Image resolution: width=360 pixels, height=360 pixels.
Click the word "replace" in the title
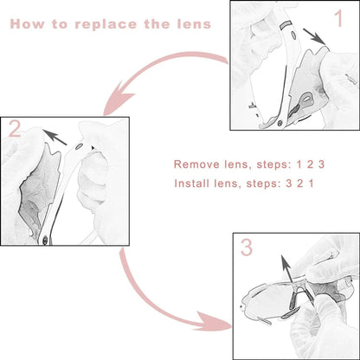tap(106, 24)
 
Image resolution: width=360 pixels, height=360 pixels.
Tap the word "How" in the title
tap(27, 23)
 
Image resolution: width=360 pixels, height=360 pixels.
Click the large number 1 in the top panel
tap(339, 18)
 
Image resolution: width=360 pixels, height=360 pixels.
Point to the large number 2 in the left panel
tap(15, 128)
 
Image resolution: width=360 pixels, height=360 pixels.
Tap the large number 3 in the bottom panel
tap(247, 247)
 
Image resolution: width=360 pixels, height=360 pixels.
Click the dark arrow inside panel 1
tap(315, 36)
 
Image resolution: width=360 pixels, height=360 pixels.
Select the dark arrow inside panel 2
tap(55, 137)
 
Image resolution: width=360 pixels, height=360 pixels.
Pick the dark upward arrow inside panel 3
tap(287, 269)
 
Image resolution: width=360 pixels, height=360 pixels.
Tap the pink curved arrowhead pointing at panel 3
tap(215, 321)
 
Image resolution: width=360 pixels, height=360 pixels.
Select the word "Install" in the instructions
tap(192, 183)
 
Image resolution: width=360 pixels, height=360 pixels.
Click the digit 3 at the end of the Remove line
tap(321, 164)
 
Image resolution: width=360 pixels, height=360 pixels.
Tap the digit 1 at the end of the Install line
tap(311, 183)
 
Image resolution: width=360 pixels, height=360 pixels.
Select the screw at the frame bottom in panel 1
tap(280, 124)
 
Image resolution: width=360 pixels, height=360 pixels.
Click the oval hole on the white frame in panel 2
tap(78, 147)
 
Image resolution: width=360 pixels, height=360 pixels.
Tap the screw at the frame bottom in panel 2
tap(45, 241)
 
